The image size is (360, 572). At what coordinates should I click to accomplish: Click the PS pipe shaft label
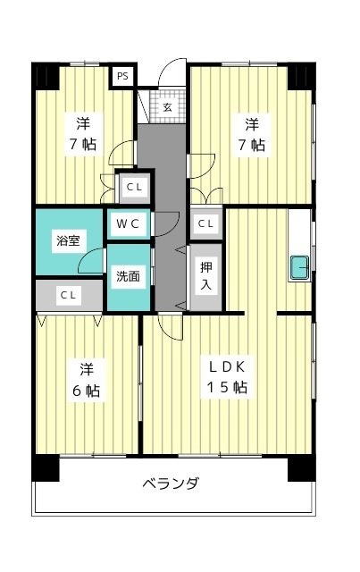[122, 77]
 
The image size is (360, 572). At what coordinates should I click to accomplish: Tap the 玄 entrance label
[167, 107]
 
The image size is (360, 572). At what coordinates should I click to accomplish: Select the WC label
[128, 223]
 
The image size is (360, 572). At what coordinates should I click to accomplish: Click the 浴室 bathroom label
[68, 240]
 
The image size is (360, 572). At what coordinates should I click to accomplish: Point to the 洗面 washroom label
[128, 276]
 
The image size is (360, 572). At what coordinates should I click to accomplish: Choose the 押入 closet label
[206, 276]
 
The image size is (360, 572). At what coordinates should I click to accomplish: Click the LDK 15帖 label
[227, 377]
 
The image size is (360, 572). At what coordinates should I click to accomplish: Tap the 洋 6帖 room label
[87, 380]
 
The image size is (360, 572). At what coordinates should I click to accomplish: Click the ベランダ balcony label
[171, 484]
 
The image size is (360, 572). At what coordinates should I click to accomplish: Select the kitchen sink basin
[299, 267]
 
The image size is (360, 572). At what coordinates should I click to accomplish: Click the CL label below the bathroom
[68, 295]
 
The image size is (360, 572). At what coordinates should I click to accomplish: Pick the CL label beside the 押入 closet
[205, 223]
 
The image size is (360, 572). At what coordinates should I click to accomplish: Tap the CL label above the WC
[134, 187]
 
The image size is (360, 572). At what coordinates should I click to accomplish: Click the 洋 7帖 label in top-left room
[83, 134]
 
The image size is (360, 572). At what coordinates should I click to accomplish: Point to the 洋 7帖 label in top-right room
[252, 135]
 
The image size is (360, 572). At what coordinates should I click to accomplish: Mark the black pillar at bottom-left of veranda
[46, 467]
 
